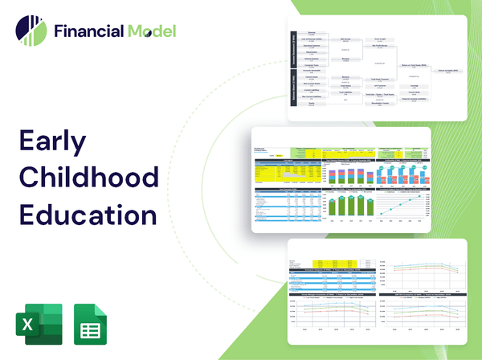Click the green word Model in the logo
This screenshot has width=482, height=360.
pos(150,31)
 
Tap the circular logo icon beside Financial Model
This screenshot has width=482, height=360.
pos(31,31)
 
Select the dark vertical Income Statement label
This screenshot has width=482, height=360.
pos(293,49)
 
